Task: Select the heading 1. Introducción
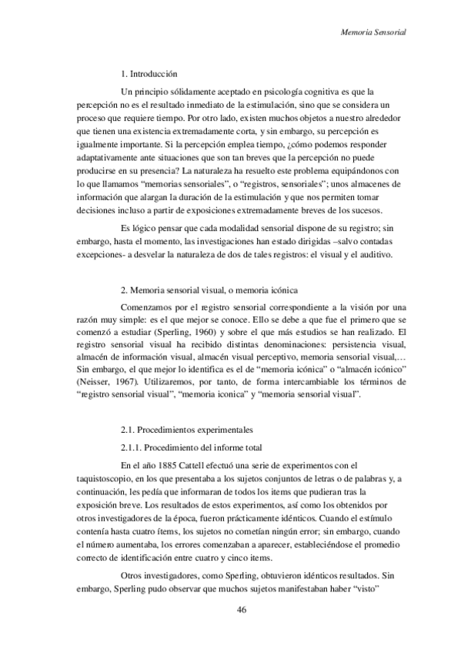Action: coord(150,75)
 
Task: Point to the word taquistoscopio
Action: coord(104,478)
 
